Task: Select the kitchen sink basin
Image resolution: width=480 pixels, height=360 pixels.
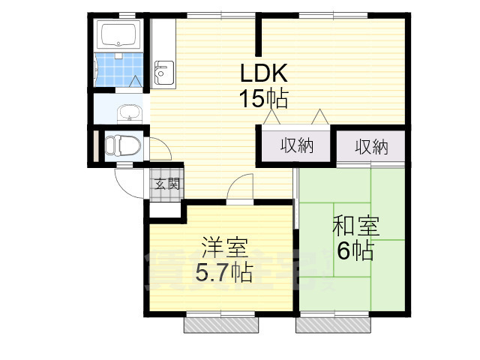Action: pos(163,73)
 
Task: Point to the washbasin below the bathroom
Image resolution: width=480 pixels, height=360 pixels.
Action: pos(130,113)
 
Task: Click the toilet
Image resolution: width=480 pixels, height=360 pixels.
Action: pos(121,144)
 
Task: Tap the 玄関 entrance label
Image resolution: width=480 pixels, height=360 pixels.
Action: pos(166,182)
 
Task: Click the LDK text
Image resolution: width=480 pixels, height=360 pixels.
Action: pos(263,73)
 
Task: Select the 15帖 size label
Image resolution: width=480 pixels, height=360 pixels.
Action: pos(263,97)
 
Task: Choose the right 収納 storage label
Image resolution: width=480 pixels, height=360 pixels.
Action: pos(370,146)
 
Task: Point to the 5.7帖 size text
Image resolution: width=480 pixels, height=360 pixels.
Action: pos(223,271)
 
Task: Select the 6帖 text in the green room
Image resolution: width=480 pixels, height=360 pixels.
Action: pos(355,251)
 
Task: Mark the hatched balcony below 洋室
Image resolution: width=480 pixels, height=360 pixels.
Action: pos(222,325)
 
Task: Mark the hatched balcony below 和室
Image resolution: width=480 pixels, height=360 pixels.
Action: pos(332,325)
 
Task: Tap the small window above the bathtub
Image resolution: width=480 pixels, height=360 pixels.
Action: pos(122,14)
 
